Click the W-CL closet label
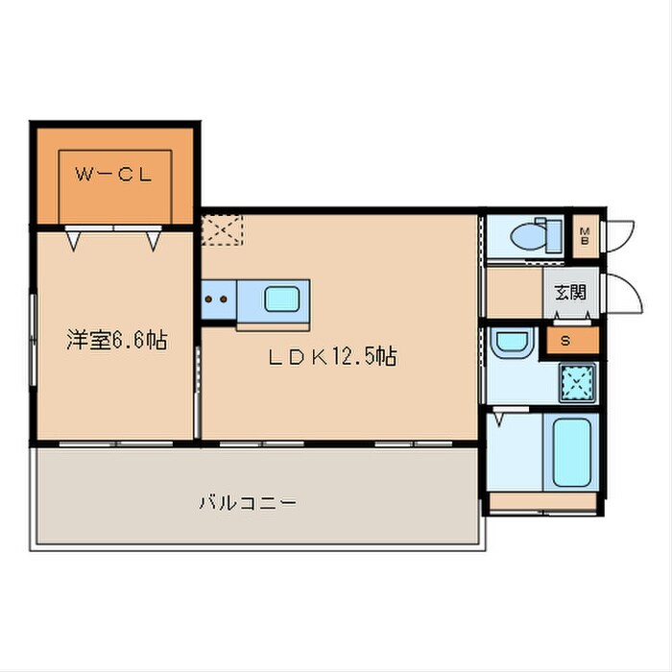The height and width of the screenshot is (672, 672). click(x=115, y=175)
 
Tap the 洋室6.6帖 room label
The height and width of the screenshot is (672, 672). click(x=116, y=339)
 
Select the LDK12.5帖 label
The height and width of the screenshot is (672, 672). click(x=332, y=357)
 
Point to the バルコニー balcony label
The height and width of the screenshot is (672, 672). click(x=247, y=502)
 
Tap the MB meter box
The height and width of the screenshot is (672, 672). click(x=584, y=234)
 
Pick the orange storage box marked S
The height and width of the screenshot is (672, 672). click(x=564, y=341)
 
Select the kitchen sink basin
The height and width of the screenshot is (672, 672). click(x=282, y=300)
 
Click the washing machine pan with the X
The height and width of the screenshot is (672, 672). click(x=577, y=383)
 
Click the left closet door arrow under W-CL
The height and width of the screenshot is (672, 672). click(x=74, y=239)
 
